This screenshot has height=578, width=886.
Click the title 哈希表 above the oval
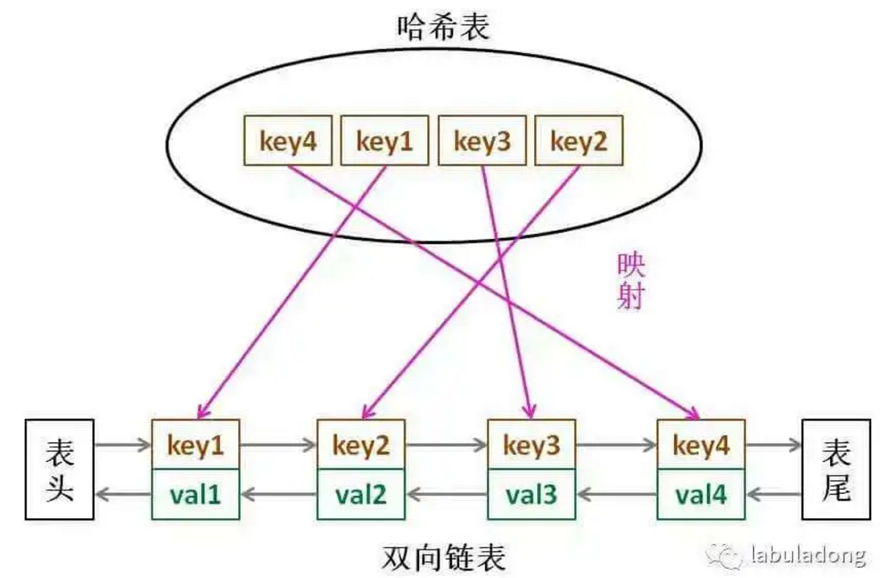coord(443,27)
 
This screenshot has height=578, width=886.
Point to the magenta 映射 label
coord(630,281)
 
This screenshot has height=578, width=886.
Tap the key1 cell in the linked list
coord(195,445)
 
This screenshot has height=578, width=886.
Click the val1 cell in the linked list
coord(195,493)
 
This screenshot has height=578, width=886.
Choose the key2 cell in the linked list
coord(361,445)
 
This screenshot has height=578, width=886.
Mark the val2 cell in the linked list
coord(361,493)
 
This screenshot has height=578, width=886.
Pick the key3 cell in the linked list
coord(531,445)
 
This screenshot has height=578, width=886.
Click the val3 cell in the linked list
coord(531,493)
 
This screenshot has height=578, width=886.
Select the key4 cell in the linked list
coord(701,445)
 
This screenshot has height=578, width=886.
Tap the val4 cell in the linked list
coord(701,493)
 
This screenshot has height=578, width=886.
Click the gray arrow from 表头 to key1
coord(122,446)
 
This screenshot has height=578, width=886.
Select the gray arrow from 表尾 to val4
coord(774,493)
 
